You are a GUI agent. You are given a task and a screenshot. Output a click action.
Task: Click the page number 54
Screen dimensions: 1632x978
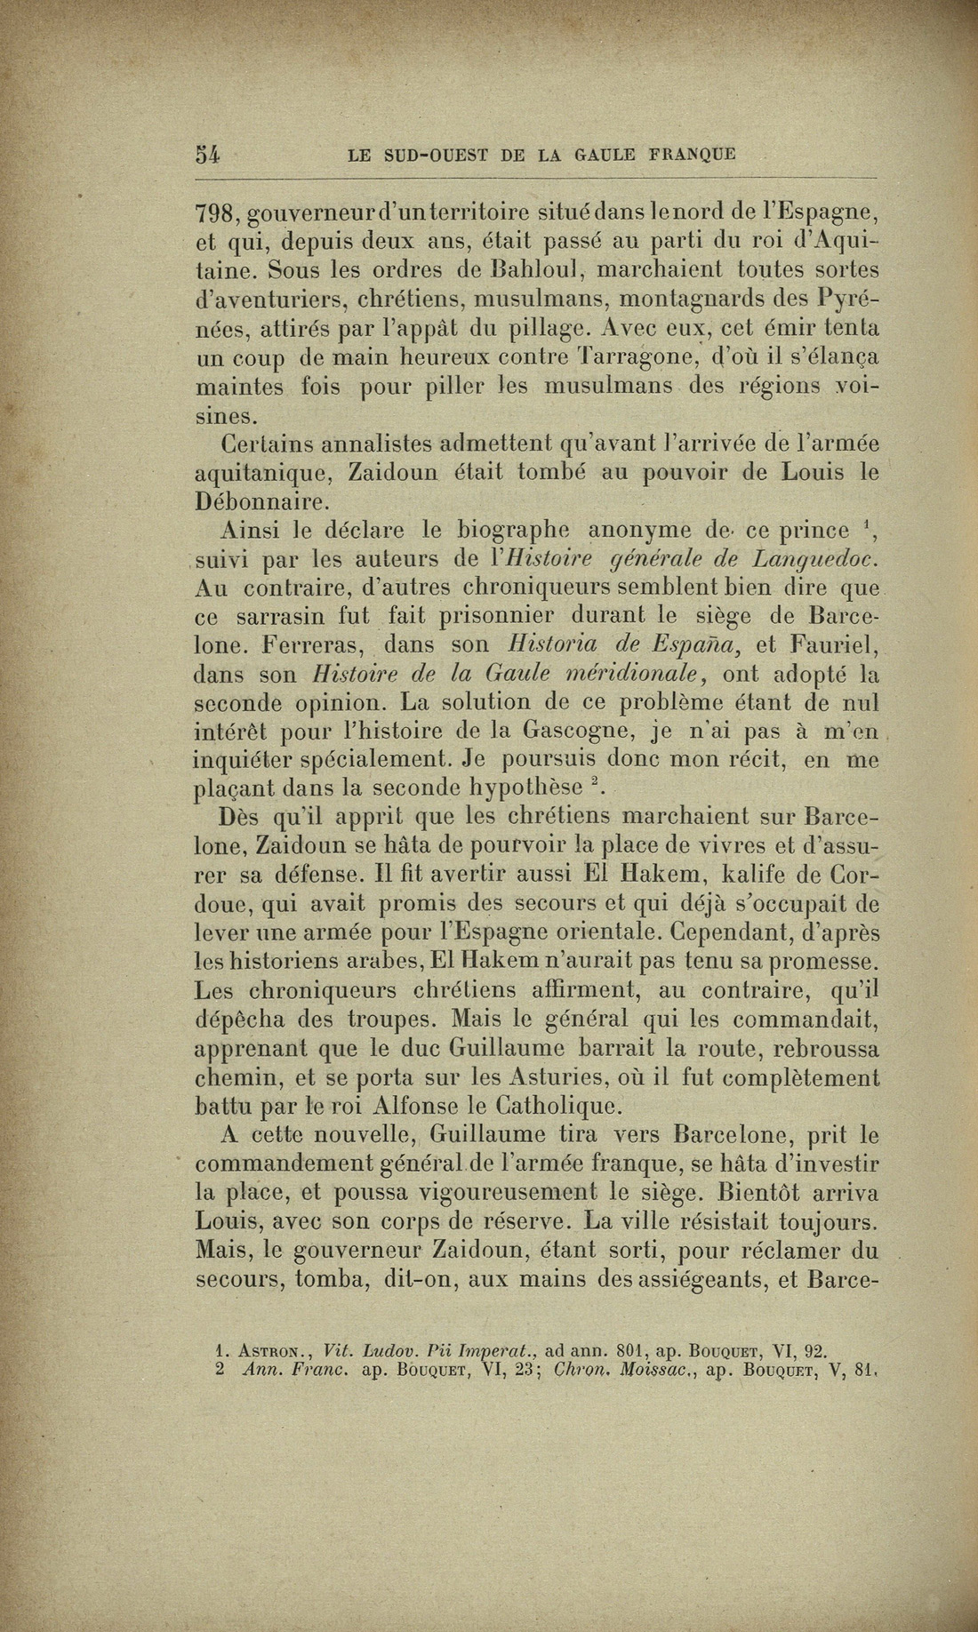click(x=207, y=153)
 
